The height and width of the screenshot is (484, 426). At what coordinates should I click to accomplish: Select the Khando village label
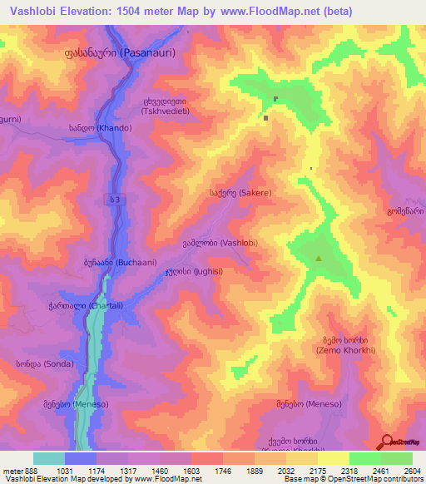[102, 129]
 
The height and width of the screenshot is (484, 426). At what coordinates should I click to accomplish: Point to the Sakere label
[240, 192]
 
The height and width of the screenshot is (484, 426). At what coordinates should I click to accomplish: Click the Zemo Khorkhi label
[346, 345]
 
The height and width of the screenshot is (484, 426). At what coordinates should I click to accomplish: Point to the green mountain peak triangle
[319, 259]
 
